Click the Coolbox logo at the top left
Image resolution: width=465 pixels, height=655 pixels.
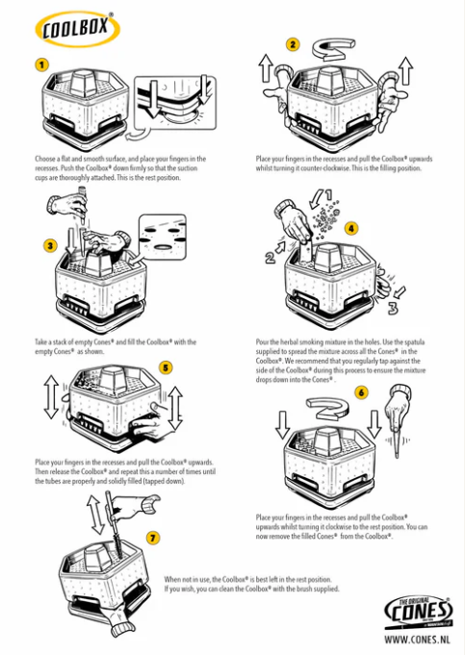click(x=77, y=30)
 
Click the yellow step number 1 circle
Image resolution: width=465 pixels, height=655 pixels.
click(x=42, y=65)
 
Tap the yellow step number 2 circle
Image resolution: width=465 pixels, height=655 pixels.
click(x=293, y=44)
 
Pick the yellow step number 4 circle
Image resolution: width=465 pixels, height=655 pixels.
click(x=351, y=229)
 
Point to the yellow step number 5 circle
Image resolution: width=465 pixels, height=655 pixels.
click(x=166, y=367)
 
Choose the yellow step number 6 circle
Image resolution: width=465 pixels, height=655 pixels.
click(x=360, y=392)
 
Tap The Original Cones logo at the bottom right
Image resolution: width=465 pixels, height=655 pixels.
click(x=419, y=611)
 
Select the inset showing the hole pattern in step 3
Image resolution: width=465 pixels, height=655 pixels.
click(x=161, y=231)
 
